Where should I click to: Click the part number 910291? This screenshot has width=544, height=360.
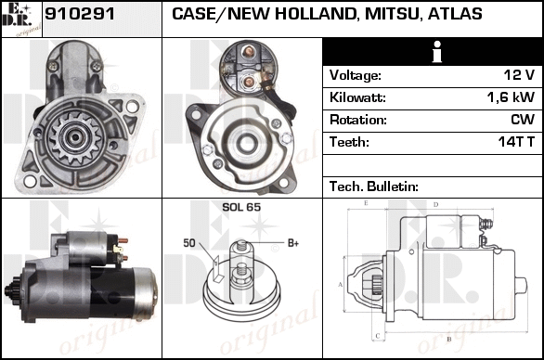[80, 14]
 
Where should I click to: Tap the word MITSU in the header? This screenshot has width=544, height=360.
[392, 14]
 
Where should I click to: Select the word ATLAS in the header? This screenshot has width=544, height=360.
[455, 14]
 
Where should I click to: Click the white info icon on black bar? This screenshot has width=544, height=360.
[437, 52]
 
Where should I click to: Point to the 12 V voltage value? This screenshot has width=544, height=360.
[519, 75]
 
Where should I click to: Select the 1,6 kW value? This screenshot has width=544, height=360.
[511, 97]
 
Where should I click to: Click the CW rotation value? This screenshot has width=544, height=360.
[523, 120]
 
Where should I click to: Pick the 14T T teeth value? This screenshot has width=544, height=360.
[516, 142]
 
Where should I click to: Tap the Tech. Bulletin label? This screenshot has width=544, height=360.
[374, 186]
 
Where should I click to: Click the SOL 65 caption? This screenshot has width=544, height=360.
[241, 207]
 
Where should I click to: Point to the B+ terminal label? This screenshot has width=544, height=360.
[293, 243]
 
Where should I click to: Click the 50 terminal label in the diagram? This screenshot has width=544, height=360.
[189, 243]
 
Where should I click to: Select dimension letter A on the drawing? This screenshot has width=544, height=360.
[341, 285]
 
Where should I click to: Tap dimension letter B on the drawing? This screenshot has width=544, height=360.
[449, 340]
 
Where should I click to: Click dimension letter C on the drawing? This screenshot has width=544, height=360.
[378, 336]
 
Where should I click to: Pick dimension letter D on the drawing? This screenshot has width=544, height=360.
[436, 205]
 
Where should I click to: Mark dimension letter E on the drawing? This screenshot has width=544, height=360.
[366, 203]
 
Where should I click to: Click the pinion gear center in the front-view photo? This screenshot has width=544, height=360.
[75, 137]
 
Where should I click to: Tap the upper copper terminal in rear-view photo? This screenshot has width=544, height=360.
[248, 51]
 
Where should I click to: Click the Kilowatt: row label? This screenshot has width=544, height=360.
[357, 97]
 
